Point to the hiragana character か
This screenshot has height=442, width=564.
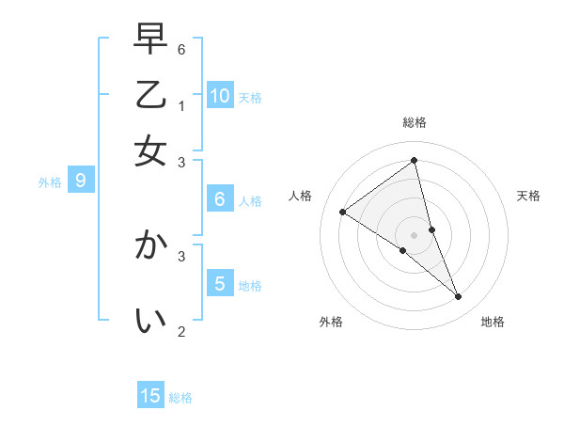click(150, 246)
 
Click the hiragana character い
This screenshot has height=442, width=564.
click(150, 322)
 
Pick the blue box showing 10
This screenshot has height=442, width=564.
click(220, 95)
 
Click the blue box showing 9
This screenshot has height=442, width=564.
click(81, 181)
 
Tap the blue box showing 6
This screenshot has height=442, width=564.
click(220, 198)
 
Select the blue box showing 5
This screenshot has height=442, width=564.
click(220, 283)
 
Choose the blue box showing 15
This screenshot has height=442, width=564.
click(151, 396)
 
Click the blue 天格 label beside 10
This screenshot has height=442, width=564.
click(250, 98)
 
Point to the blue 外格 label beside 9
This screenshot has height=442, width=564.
click(50, 182)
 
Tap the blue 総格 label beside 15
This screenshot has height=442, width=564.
click(180, 398)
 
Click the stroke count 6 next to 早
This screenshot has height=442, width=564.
click(181, 49)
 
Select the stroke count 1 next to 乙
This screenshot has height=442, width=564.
click(181, 105)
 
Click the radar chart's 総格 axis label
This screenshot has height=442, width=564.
click(415, 122)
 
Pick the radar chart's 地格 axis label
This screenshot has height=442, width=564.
click(493, 322)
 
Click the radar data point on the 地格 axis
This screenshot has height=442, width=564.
click(459, 297)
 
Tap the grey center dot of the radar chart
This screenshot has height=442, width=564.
click(415, 234)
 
